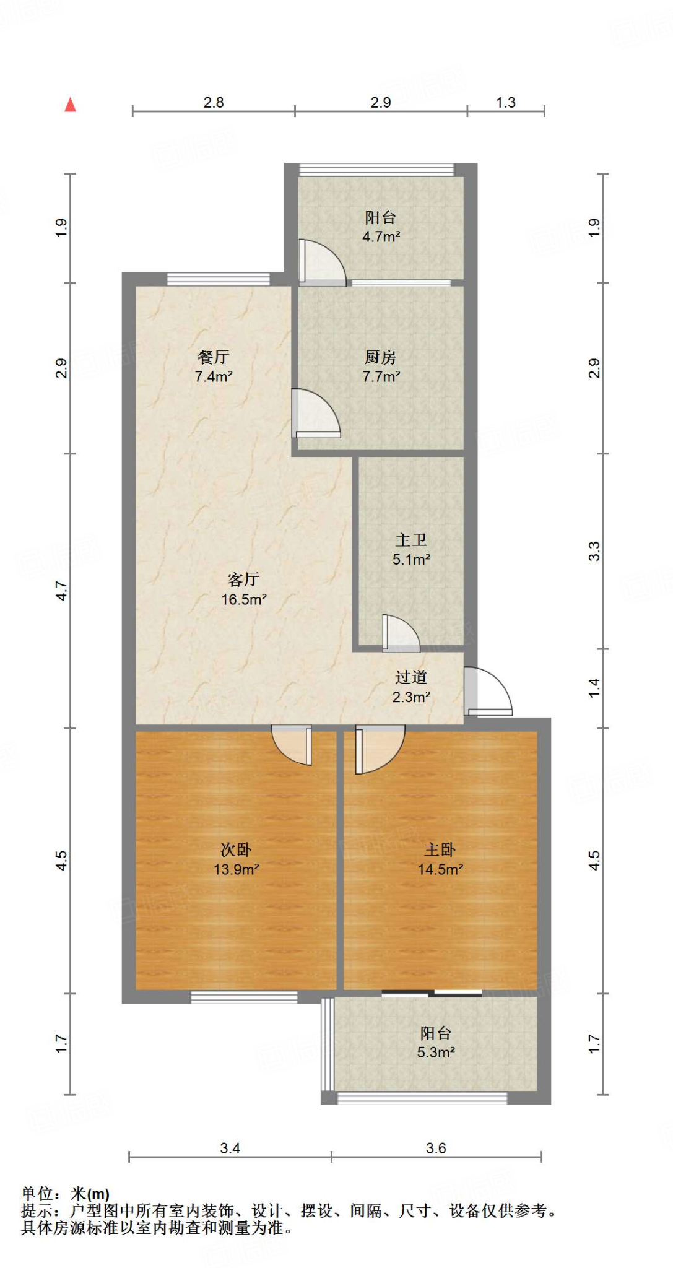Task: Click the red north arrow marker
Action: [x=71, y=105]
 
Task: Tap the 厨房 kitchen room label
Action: [x=380, y=358]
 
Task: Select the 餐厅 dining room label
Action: [x=213, y=357]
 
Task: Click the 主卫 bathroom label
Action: [x=411, y=541]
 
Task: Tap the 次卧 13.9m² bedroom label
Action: [x=236, y=859]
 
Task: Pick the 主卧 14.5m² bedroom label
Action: [x=440, y=859]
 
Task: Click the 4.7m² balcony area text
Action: [x=381, y=237]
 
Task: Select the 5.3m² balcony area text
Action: [x=436, y=1053]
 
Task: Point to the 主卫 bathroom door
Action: [x=400, y=633]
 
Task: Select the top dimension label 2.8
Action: [x=214, y=103]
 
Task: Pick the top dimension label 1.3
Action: [x=505, y=103]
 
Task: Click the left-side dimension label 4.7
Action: [x=61, y=590]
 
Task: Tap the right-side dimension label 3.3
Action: [x=594, y=551]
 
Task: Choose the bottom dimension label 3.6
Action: [x=436, y=1149]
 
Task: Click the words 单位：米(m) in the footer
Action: [x=65, y=1194]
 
